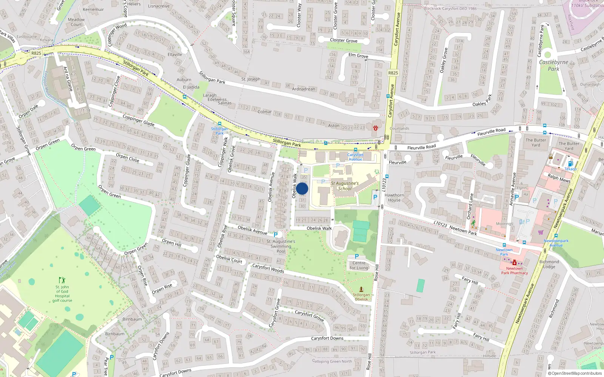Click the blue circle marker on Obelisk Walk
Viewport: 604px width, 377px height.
[302, 188]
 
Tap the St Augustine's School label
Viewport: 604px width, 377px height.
[345, 186]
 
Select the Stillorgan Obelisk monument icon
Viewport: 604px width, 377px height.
[361, 290]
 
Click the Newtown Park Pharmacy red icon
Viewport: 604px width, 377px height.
[514, 262]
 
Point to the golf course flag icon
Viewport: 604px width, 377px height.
[62, 280]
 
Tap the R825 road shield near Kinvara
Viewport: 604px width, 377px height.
[36, 53]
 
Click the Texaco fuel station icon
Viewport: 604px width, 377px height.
[570, 164]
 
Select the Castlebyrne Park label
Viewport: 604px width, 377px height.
[553, 65]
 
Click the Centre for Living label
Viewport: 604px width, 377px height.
[359, 265]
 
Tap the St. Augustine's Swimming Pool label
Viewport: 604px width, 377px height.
[281, 246]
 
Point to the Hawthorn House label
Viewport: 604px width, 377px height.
[394, 198]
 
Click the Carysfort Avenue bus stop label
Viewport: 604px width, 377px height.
[355, 157]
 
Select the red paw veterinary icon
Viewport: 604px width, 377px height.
[376, 128]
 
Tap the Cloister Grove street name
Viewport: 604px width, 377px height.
[344, 40]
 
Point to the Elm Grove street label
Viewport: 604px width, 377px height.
[358, 55]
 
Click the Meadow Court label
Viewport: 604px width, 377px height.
[76, 22]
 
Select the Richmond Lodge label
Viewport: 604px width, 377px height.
[549, 264]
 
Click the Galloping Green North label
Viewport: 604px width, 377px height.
[332, 361]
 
